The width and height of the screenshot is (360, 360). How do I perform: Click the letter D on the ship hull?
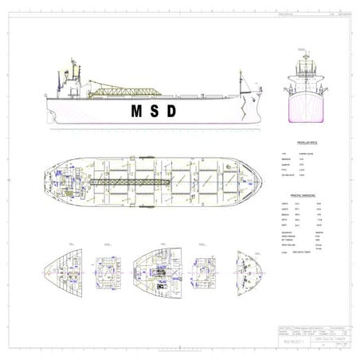click(x=171, y=110)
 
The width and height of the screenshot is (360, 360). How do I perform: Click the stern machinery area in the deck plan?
click(x=68, y=182)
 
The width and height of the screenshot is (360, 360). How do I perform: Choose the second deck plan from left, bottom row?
click(x=108, y=272)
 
